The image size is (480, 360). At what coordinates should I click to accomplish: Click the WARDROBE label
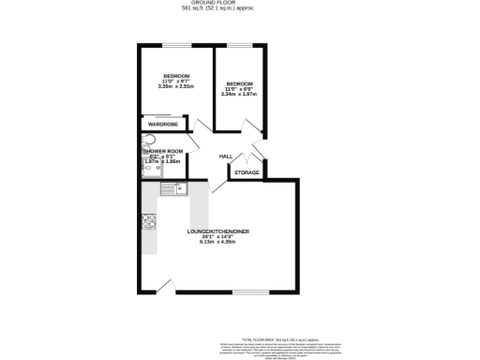pyautogui.click(x=163, y=124)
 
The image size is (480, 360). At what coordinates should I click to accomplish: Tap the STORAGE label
pyautogui.click(x=247, y=172)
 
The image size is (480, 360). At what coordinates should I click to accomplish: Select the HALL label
pyautogui.click(x=226, y=156)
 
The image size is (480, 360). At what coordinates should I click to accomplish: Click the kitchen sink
pyautogui.click(x=172, y=189)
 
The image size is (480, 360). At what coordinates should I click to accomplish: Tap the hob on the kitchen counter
pyautogui.click(x=148, y=222)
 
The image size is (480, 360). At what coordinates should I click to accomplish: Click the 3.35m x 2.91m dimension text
pyautogui.click(x=176, y=86)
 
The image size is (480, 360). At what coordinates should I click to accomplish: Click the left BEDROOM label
pyautogui.click(x=176, y=75)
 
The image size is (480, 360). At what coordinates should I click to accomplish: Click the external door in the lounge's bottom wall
pyautogui.click(x=167, y=287)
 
